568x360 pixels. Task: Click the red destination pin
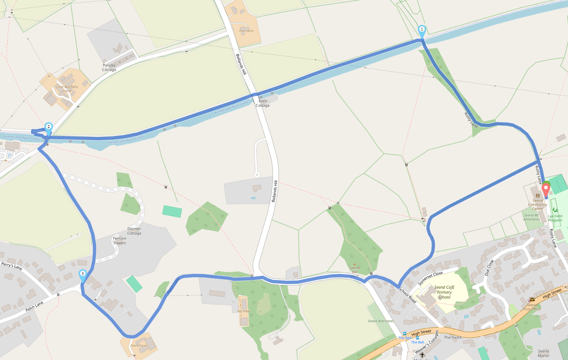pos(546,188)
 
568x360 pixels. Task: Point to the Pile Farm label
pos(246,31)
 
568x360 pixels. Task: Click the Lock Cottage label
pos(263,103)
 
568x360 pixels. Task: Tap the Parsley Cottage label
pos(109,67)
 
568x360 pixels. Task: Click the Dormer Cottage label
pos(134,231)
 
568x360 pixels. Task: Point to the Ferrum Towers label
pos(119,240)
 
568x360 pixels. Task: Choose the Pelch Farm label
pos(139,346)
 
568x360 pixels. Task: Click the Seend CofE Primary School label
pos(444,292)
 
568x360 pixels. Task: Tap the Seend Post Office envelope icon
pos(532,300)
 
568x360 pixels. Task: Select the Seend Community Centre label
pos(537,205)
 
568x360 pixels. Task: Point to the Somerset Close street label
pos(431,278)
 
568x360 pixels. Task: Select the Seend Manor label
pos(543,353)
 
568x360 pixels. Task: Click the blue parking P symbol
pos(9,156)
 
